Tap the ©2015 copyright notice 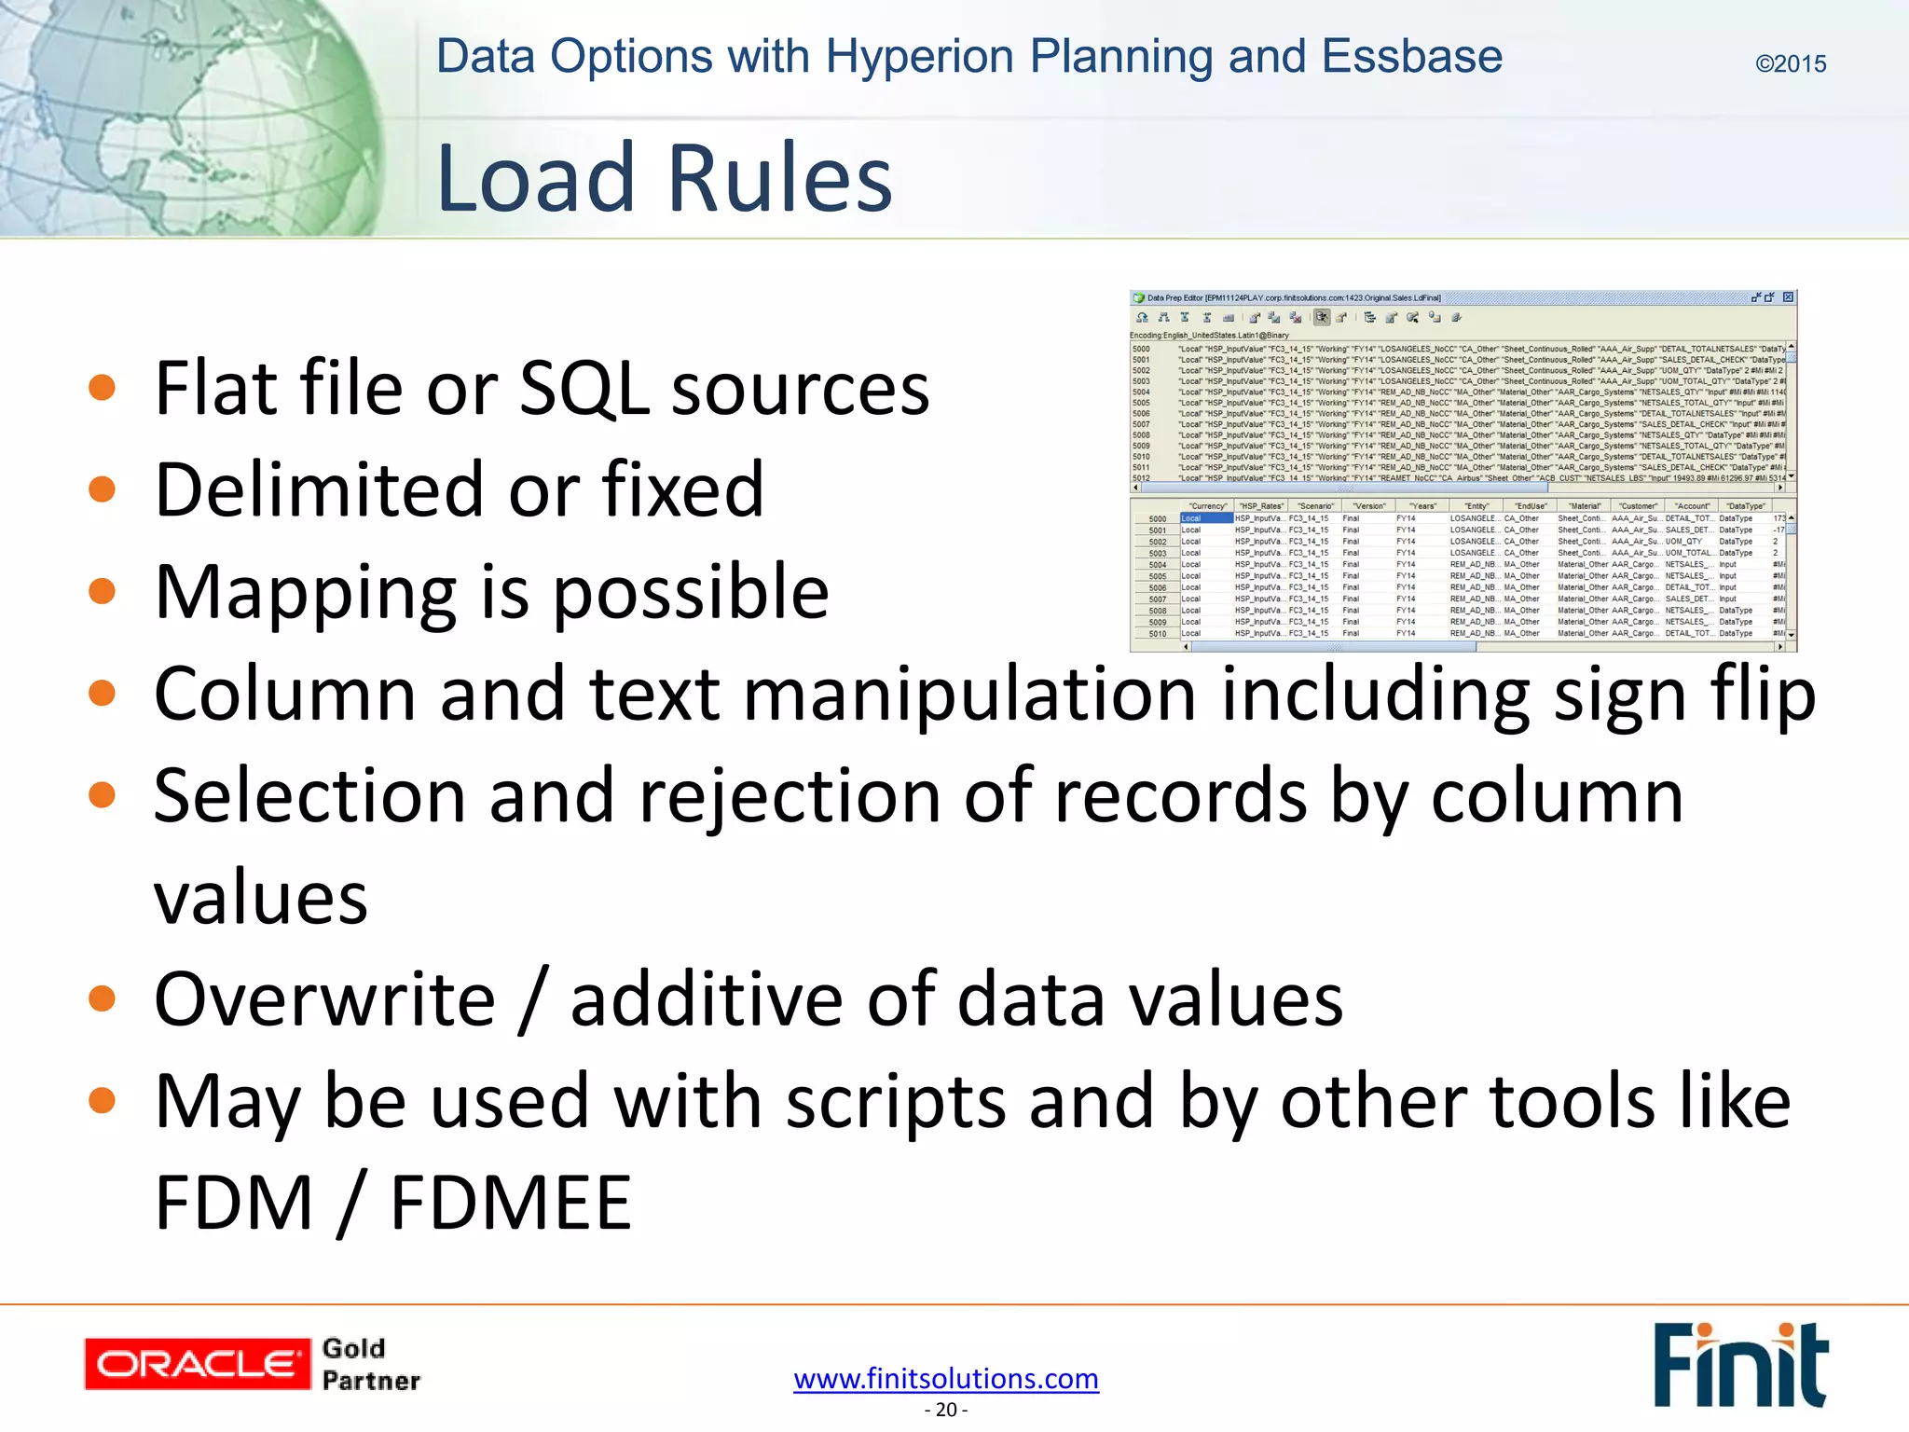pos(1790,63)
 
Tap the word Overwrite pos(324,999)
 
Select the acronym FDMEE pos(510,1203)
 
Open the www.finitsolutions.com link pos(946,1378)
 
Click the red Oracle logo pos(197,1364)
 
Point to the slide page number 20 pos(946,1410)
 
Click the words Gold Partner pos(370,1364)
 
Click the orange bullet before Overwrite pos(102,999)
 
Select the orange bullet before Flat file pos(102,388)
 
